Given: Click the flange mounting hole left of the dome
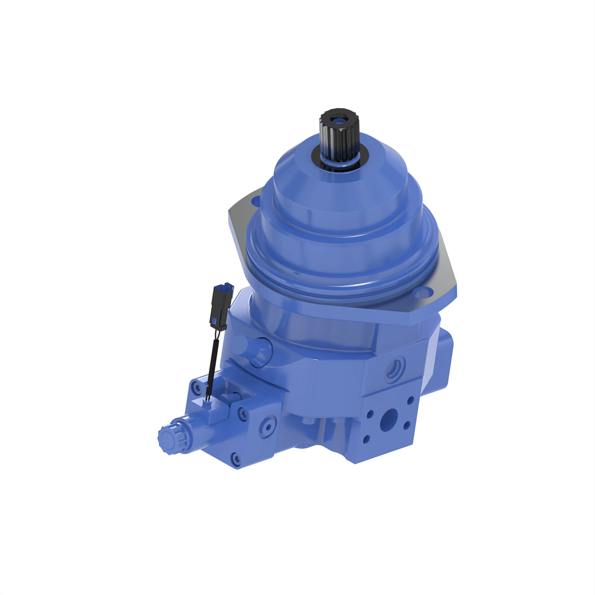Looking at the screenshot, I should [256, 201].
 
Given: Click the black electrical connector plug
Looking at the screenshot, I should [221, 305].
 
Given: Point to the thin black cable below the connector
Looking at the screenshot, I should [213, 362].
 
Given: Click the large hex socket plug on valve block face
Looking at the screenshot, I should [268, 426].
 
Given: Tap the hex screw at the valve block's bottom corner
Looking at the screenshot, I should [236, 458].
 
